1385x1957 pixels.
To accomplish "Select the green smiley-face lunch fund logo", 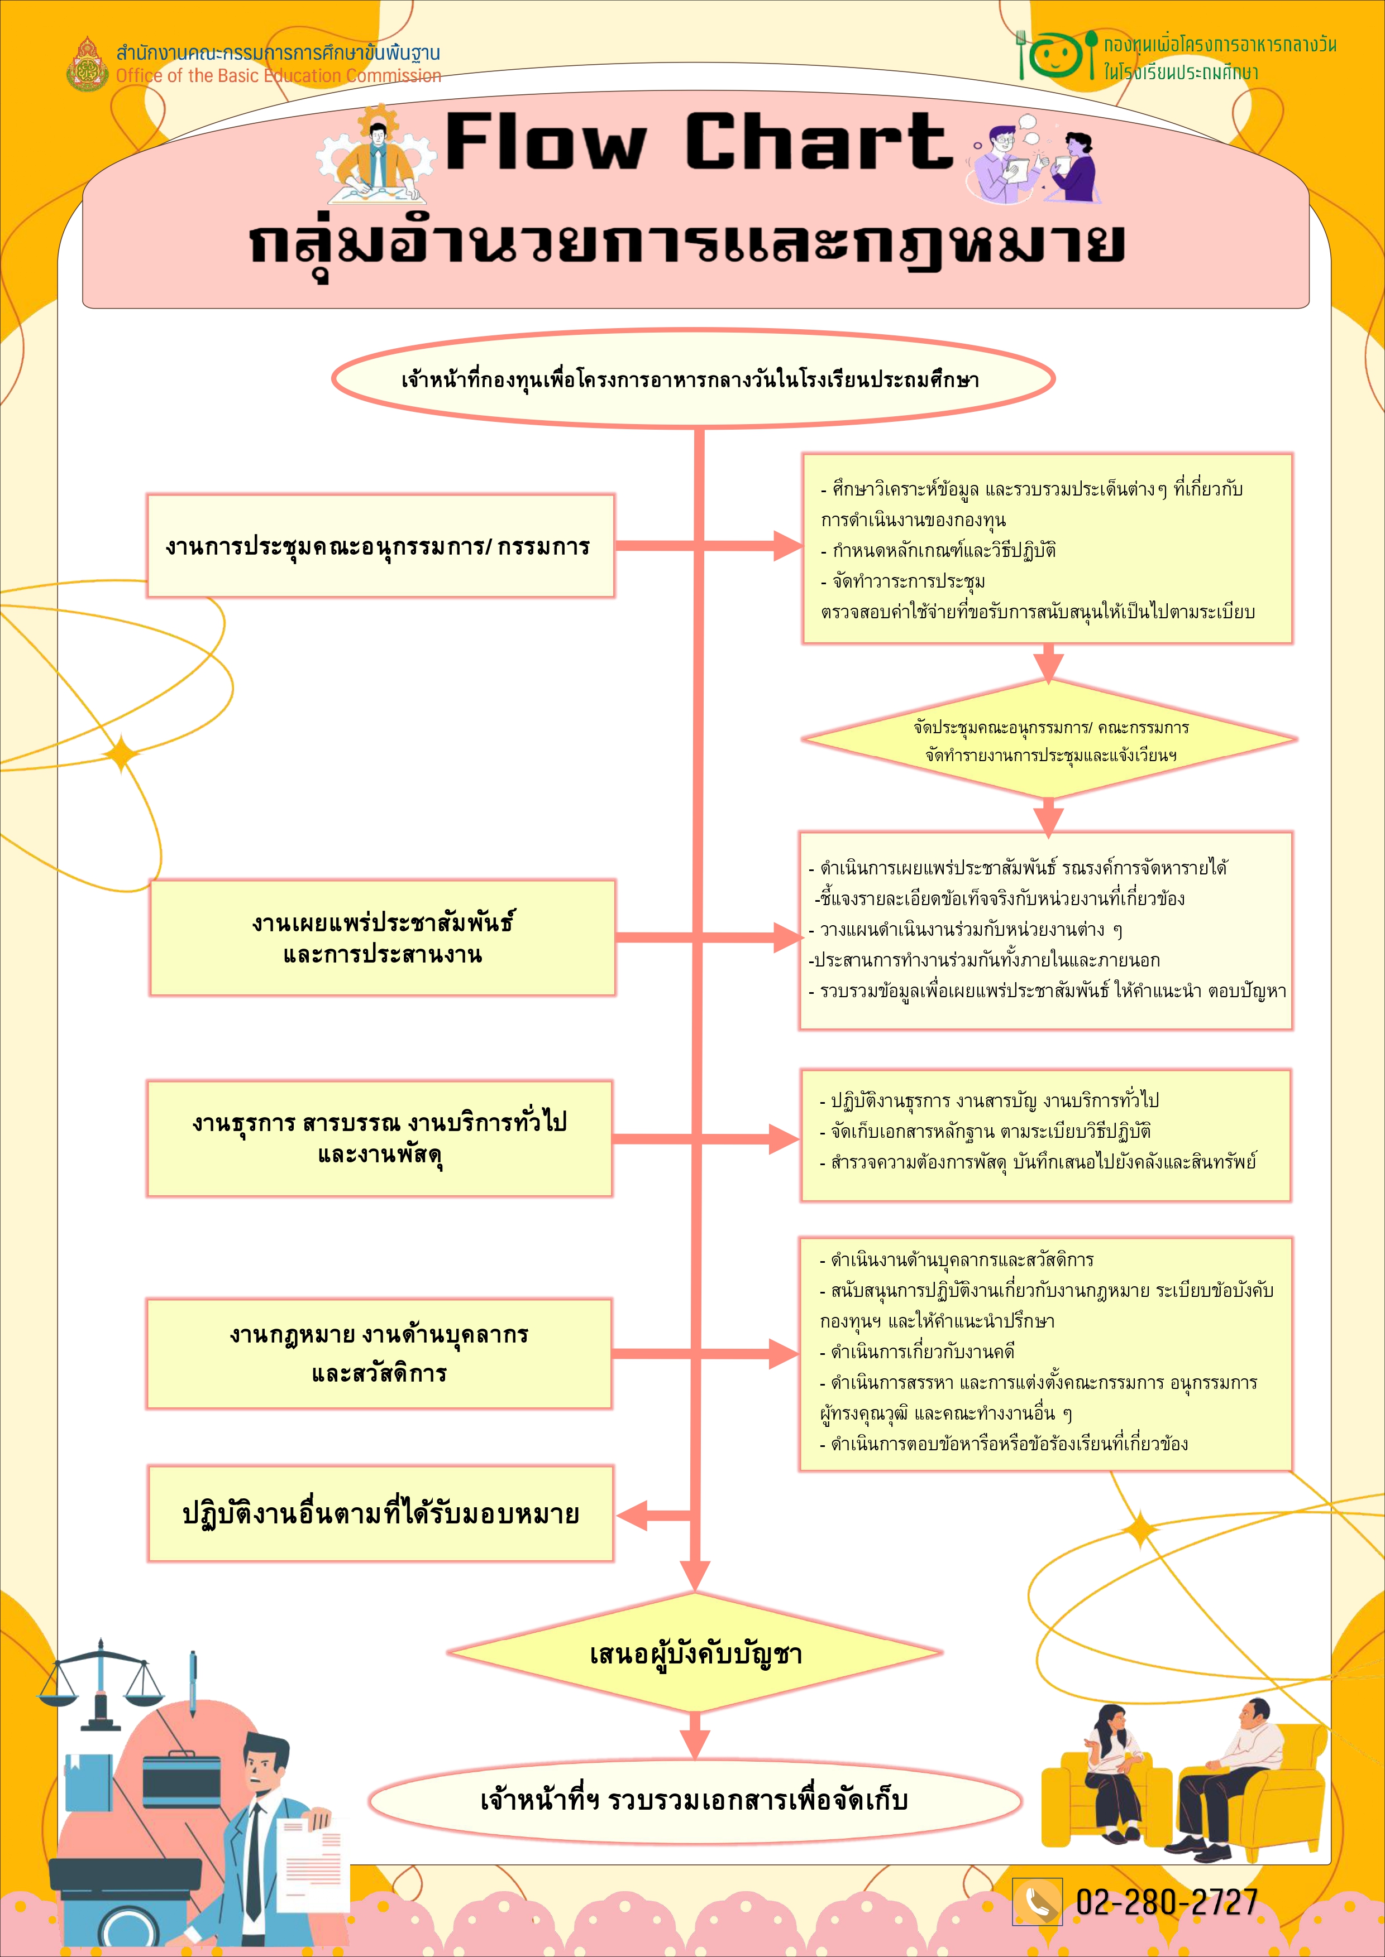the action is point(1056,55).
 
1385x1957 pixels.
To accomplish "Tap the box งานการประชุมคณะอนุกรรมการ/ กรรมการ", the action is point(380,546).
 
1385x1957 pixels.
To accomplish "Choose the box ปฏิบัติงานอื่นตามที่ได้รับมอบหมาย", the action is point(380,1514).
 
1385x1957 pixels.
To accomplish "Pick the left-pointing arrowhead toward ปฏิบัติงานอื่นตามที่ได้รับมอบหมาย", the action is point(632,1514).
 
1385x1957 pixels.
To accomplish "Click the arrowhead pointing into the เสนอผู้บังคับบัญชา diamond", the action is point(696,1576).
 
